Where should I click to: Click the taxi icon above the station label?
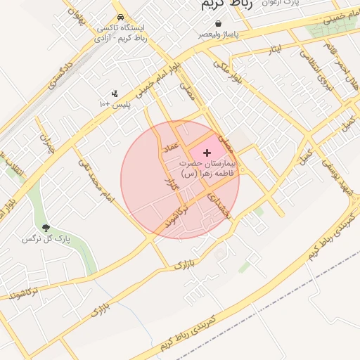coord(122,16)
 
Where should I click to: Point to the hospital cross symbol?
coord(207,152)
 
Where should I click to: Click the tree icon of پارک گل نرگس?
coord(46,228)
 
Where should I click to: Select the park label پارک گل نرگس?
coord(46,239)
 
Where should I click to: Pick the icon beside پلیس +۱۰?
coord(115,94)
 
